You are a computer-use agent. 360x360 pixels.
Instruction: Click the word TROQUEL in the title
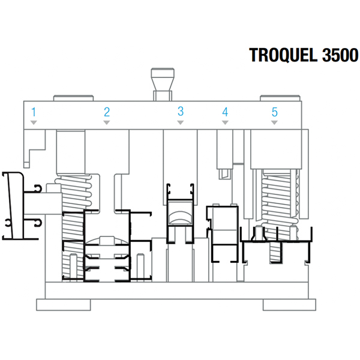(284, 55)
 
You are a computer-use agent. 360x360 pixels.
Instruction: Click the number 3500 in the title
(340, 55)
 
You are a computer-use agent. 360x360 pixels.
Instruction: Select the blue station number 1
(34, 112)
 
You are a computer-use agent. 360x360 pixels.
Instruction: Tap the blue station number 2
(107, 112)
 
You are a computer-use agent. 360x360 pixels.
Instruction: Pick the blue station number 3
(180, 111)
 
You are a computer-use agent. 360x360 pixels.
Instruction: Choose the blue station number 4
(225, 112)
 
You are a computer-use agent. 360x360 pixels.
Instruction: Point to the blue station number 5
(274, 112)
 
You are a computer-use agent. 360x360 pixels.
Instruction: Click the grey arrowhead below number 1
(34, 122)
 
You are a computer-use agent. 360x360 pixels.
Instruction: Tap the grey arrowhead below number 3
(180, 122)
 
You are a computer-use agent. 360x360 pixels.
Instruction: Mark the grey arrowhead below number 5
(274, 122)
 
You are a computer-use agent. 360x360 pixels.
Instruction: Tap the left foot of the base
(63, 304)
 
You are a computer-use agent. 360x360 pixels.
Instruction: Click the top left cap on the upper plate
(73, 97)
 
